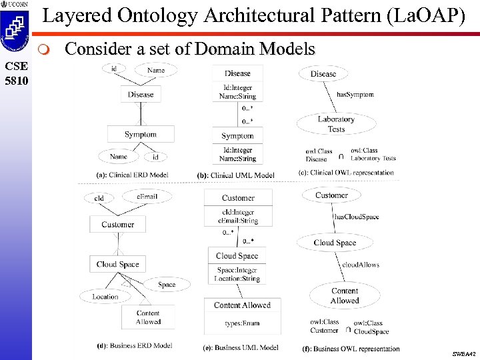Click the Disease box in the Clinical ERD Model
pyautogui.click(x=141, y=95)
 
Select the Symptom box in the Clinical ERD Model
pyautogui.click(x=141, y=134)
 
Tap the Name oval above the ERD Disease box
pyautogui.click(x=155, y=70)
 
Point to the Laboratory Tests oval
pyautogui.click(x=336, y=124)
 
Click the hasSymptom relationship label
pyautogui.click(x=355, y=95)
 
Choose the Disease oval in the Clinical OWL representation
pyautogui.click(x=323, y=73)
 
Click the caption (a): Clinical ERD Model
pyautogui.click(x=133, y=175)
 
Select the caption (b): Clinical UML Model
pyautogui.click(x=235, y=175)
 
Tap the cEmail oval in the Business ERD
pyautogui.click(x=147, y=196)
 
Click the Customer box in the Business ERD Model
pyautogui.click(x=117, y=225)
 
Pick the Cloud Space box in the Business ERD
pyautogui.click(x=117, y=264)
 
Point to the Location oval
pyautogui.click(x=105, y=297)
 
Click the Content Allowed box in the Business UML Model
pyautogui.click(x=242, y=305)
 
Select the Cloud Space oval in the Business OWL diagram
pyautogui.click(x=335, y=243)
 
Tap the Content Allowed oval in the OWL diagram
pyautogui.click(x=345, y=295)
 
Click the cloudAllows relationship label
pyautogui.click(x=361, y=265)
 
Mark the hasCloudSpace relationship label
pyautogui.click(x=357, y=217)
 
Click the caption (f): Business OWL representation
pyautogui.click(x=351, y=349)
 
